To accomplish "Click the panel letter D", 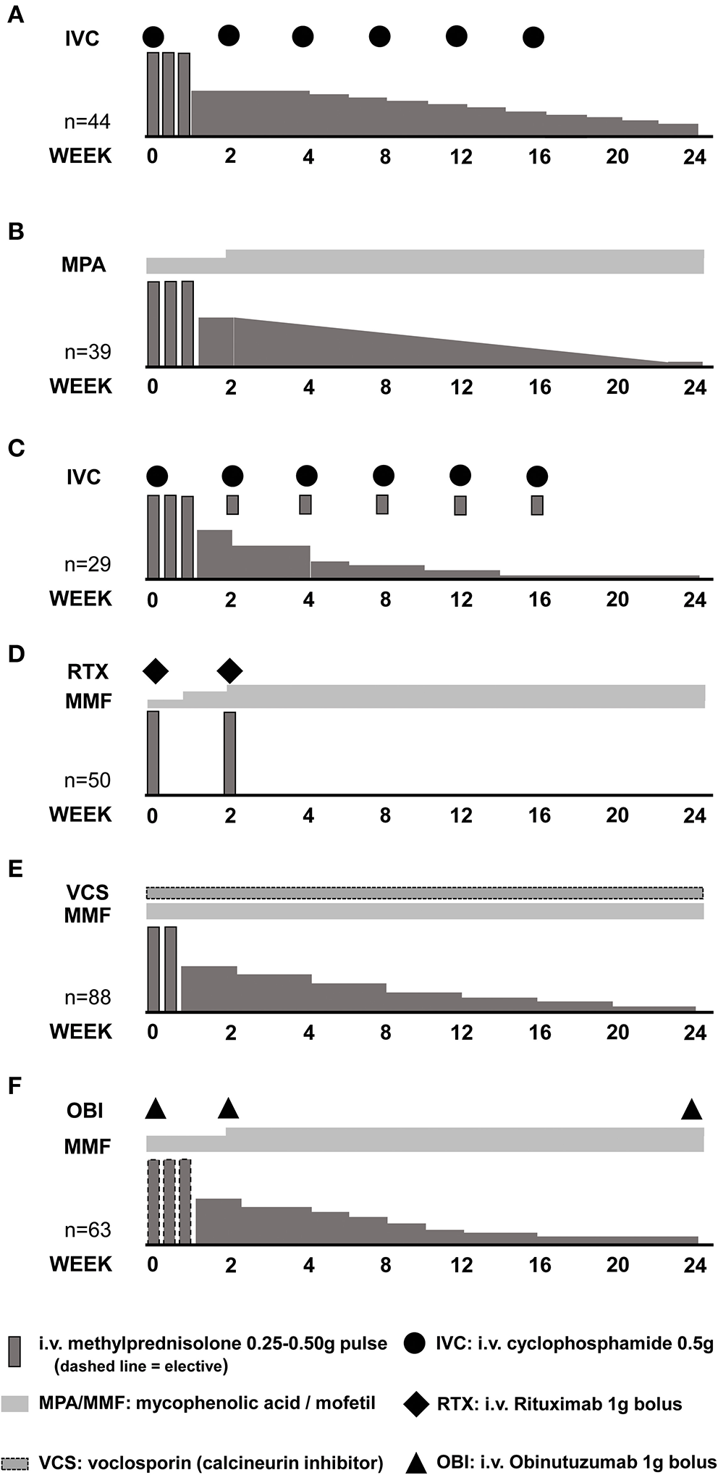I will coord(15,654).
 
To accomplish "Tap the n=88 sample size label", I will coord(88,997).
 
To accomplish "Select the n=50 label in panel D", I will coord(88,780).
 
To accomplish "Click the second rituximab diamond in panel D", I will coord(229,671).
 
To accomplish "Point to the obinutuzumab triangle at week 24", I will coord(691,1109).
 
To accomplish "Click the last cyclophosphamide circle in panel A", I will coord(533,36).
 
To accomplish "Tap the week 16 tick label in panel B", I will coord(539,387).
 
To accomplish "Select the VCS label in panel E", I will coord(88,892).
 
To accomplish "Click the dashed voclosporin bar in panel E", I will coord(424,892).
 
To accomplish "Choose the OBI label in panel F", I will coord(85,1110).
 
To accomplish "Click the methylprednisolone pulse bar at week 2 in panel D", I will coord(229,753).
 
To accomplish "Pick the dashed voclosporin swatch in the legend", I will coord(15,1462).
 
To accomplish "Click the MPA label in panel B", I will coord(83,264).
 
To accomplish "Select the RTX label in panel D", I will coord(88,671).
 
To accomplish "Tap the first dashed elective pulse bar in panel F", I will coord(153,1201).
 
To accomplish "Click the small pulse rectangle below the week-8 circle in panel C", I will coord(382,504).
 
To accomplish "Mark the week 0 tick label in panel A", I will coord(152,156).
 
